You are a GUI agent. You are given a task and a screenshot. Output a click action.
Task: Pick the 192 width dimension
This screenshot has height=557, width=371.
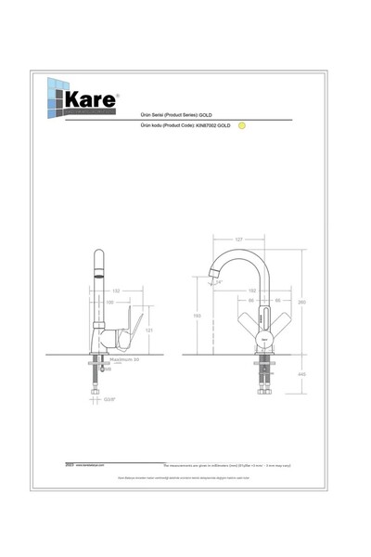tap(251, 291)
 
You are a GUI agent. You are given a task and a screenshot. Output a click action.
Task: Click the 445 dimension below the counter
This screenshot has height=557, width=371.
tap(303, 375)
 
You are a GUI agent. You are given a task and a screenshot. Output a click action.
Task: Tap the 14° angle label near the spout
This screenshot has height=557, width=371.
tap(219, 281)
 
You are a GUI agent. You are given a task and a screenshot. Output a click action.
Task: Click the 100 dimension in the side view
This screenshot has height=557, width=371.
tap(109, 302)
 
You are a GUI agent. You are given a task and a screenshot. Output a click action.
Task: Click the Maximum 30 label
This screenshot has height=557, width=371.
tap(122, 357)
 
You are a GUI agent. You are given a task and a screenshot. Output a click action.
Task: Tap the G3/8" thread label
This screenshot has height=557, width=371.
tap(109, 399)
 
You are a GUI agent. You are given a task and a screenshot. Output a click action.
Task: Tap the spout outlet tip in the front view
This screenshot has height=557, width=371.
tap(214, 274)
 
